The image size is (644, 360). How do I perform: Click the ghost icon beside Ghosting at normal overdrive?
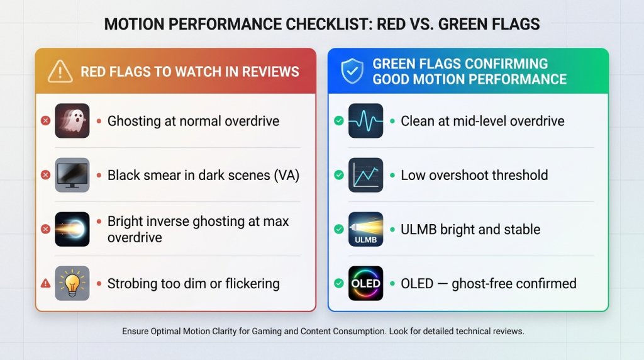click(x=72, y=121)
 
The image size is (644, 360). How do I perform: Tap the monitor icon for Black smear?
click(x=72, y=175)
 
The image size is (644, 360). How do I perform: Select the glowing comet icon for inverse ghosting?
click(x=72, y=229)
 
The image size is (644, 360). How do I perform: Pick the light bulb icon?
click(x=72, y=283)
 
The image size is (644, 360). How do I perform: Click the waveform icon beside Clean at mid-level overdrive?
click(x=365, y=121)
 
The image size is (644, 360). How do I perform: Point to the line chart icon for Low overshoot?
click(x=365, y=175)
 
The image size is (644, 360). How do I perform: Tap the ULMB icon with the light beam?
click(x=365, y=229)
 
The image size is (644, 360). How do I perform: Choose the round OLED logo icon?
click(x=365, y=283)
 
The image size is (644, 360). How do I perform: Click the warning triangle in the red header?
click(x=60, y=71)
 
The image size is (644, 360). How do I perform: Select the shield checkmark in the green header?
click(x=352, y=71)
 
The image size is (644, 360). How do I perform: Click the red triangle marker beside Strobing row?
click(x=45, y=284)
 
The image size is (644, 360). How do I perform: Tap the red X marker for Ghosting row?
click(x=45, y=121)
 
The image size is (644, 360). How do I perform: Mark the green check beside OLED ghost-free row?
click(x=339, y=283)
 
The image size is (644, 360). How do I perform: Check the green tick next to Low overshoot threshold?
click(x=339, y=175)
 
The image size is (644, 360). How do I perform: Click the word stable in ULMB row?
click(x=521, y=229)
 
